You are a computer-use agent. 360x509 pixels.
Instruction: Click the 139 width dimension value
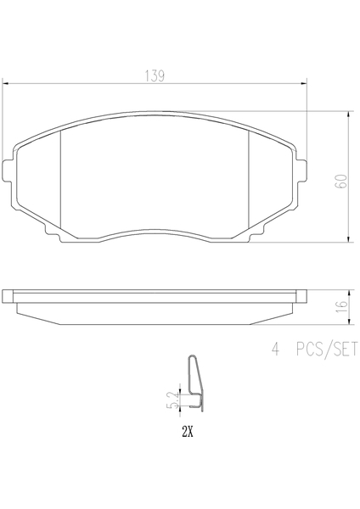click(x=155, y=76)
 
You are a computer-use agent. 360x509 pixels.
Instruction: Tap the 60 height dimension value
click(x=341, y=182)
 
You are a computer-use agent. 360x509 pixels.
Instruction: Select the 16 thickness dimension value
click(x=342, y=307)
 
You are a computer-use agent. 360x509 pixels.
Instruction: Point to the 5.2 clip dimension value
click(x=174, y=400)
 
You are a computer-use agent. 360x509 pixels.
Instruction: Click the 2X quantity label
click(x=188, y=432)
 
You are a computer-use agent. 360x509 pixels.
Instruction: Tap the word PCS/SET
click(x=326, y=350)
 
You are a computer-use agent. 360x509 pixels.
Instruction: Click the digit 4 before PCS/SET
click(x=276, y=350)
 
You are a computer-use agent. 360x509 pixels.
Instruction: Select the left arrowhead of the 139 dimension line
click(x=5, y=84)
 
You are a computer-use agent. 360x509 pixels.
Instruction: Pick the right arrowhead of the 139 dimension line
click(x=304, y=84)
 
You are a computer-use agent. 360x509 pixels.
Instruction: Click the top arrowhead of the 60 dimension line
click(x=349, y=114)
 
